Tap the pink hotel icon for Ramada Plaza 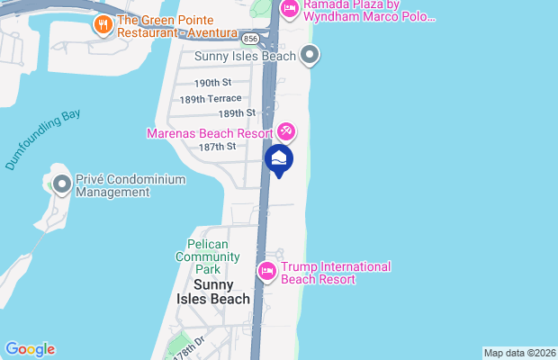[x=289, y=9]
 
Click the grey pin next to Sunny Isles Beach [x=310, y=57]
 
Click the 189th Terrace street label [x=211, y=98]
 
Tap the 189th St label [x=237, y=113]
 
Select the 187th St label [x=218, y=146]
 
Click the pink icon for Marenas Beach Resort [x=286, y=132]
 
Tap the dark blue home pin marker [x=280, y=161]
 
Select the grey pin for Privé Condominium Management [x=61, y=185]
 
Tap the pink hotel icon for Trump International [x=266, y=271]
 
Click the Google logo [x=30, y=349]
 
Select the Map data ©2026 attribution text [x=519, y=353]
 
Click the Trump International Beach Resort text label [x=336, y=273]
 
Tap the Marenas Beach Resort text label [x=211, y=133]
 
